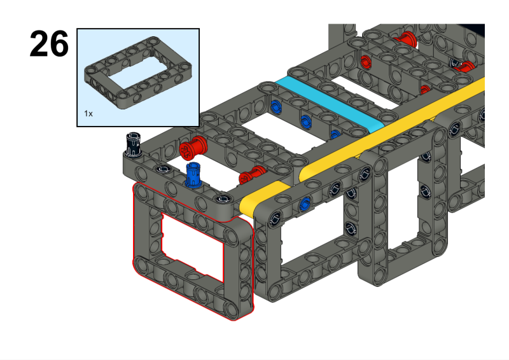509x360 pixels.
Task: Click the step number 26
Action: point(49,43)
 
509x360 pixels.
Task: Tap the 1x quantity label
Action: point(88,114)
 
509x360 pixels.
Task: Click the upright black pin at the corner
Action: point(134,145)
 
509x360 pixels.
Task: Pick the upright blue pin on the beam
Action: point(193,175)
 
